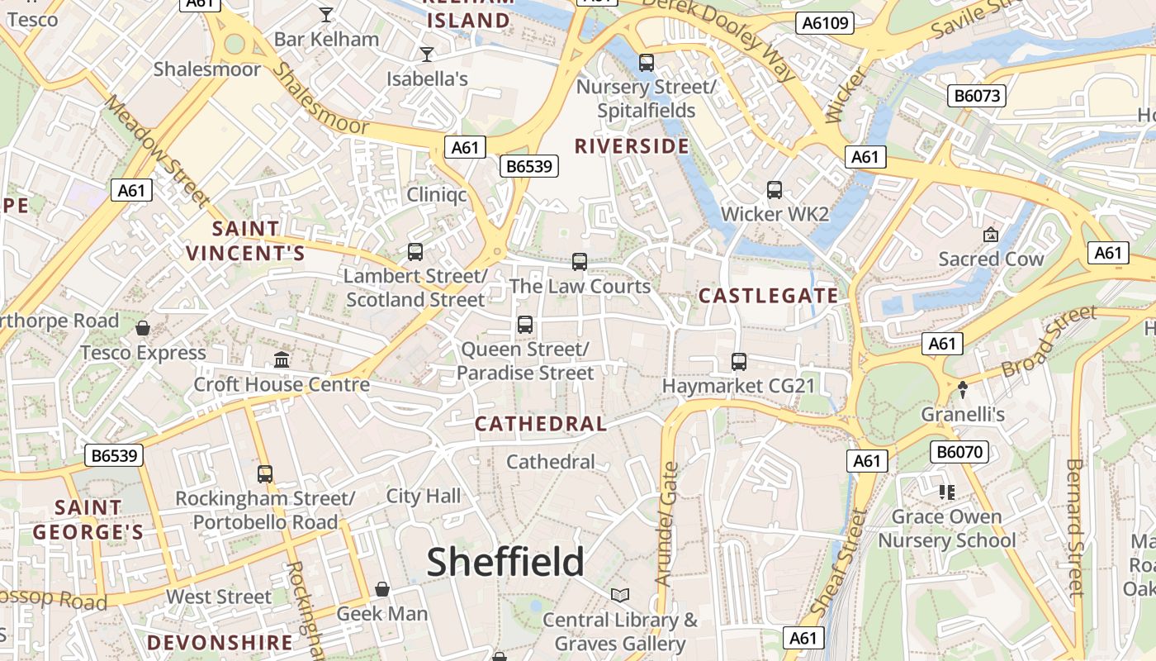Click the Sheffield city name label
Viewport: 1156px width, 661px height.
point(505,562)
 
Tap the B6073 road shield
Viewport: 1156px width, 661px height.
point(978,96)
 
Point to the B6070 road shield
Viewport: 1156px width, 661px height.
point(959,452)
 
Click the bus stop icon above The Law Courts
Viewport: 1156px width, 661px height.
point(580,262)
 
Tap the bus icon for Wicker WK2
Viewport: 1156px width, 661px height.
point(775,190)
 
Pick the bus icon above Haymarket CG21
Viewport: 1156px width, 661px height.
point(739,362)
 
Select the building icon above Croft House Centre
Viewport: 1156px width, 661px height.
point(282,360)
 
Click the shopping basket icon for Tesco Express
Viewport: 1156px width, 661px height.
point(143,328)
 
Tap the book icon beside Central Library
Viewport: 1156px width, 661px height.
point(620,595)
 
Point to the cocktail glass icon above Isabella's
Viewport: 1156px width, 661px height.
point(427,55)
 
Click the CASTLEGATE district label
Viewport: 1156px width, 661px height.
point(768,296)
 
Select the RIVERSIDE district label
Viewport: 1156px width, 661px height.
point(632,146)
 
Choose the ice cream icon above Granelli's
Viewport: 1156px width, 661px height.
point(962,389)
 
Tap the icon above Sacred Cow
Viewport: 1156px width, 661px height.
point(991,235)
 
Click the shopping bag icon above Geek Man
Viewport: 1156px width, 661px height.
point(382,589)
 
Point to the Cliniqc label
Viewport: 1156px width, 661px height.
point(437,195)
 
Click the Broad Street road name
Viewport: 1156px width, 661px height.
point(1049,341)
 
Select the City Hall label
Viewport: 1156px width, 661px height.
point(424,497)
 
